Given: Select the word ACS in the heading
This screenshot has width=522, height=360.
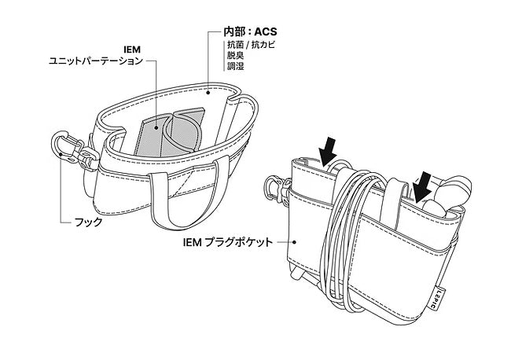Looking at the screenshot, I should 266,33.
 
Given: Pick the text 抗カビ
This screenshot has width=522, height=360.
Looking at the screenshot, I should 259,46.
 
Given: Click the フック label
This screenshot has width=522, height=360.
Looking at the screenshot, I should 88,222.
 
